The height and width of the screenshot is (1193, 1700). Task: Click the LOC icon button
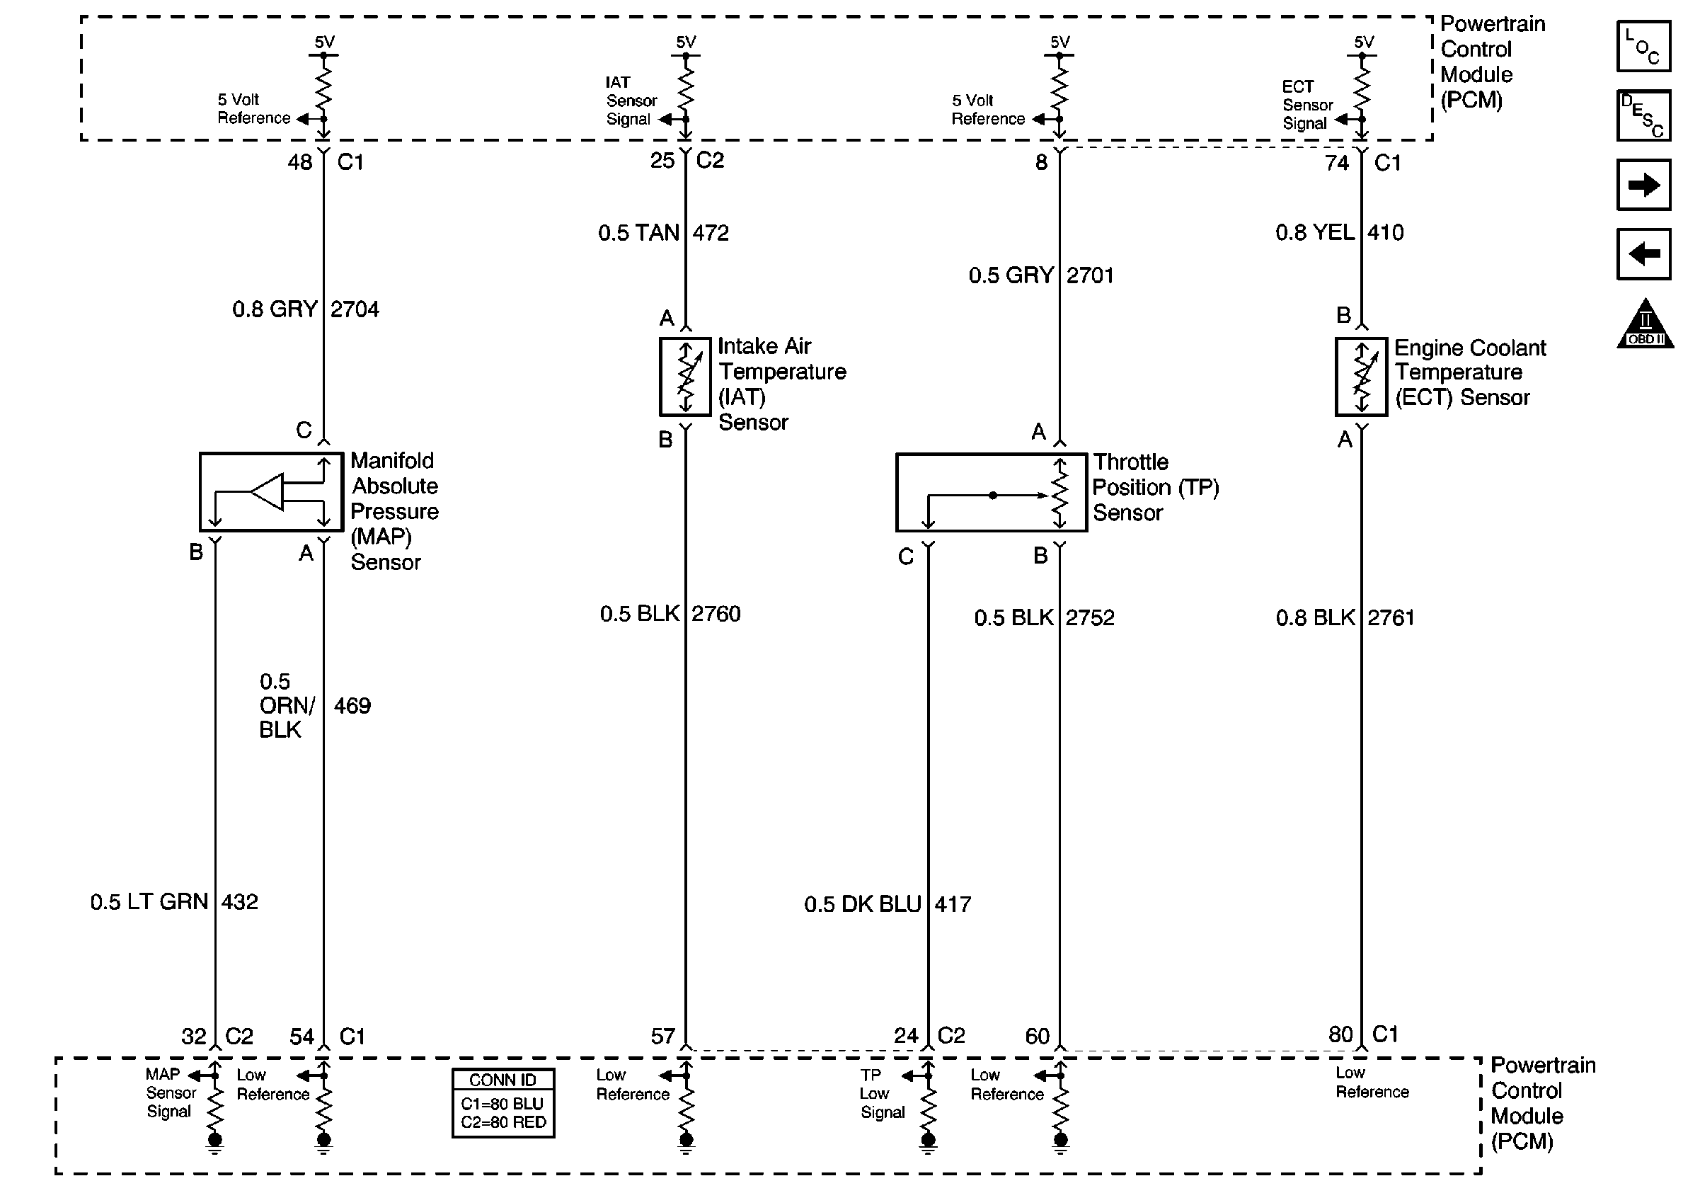click(1643, 47)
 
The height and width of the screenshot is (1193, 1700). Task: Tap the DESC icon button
click(1643, 115)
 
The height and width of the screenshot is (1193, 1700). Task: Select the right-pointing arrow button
click(1643, 184)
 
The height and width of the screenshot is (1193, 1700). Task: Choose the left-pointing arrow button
click(1643, 254)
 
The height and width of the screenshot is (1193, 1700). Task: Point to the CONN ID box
click(502, 1102)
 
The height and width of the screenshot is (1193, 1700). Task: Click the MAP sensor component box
click(271, 492)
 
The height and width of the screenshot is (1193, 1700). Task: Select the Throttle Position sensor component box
click(991, 493)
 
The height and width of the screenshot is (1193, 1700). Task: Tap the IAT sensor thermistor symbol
click(685, 376)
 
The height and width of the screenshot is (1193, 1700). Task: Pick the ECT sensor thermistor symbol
click(1361, 377)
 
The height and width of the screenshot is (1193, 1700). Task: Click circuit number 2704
click(355, 309)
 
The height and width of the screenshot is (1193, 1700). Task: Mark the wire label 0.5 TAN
click(638, 233)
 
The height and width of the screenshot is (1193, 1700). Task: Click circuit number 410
click(1385, 232)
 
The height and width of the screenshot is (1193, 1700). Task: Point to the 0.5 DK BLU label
click(863, 904)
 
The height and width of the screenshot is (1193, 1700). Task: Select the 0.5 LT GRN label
click(149, 902)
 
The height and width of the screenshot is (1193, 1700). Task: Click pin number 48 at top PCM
click(300, 162)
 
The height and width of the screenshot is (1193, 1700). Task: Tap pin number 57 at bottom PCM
click(662, 1036)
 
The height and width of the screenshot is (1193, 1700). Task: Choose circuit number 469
click(352, 706)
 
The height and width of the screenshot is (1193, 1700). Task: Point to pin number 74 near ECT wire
click(1336, 163)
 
